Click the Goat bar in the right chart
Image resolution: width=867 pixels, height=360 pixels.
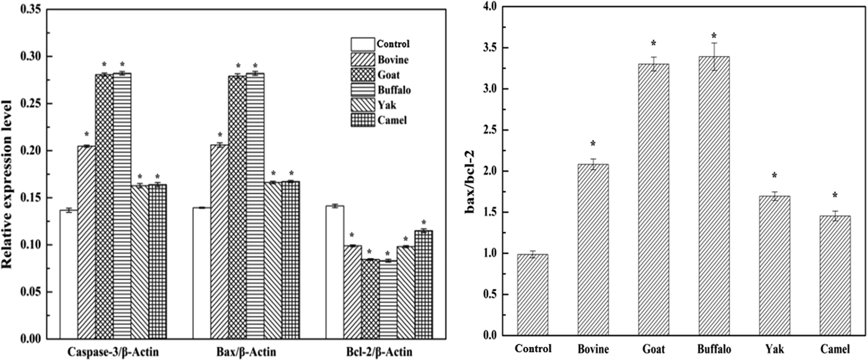pyautogui.click(x=654, y=200)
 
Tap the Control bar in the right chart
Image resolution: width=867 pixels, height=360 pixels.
pyautogui.click(x=533, y=295)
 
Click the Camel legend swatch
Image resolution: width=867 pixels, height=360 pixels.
pyautogui.click(x=363, y=120)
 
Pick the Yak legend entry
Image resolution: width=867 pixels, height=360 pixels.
pyautogui.click(x=386, y=105)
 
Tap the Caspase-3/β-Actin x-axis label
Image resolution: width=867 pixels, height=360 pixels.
pyautogui.click(x=113, y=352)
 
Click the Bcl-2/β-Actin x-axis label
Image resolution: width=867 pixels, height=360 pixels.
pyautogui.click(x=379, y=352)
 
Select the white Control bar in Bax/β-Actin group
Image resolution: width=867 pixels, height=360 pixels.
pyautogui.click(x=201, y=273)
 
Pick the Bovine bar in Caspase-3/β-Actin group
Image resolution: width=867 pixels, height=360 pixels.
pyautogui.click(x=86, y=242)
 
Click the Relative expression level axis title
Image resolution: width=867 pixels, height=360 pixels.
pyautogui.click(x=9, y=173)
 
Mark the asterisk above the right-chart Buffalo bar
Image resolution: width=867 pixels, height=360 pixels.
pyautogui.click(x=714, y=36)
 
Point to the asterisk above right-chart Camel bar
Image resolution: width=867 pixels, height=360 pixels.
pyautogui.click(x=835, y=196)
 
